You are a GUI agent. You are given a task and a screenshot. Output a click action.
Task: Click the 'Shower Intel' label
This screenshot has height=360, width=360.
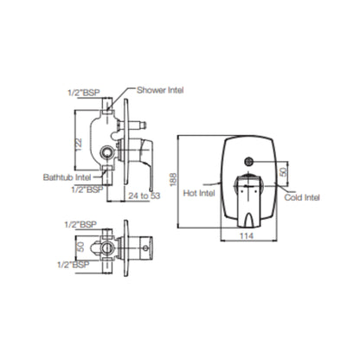click(160, 90)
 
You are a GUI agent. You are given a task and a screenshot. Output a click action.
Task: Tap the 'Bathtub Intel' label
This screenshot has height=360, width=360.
click(67, 177)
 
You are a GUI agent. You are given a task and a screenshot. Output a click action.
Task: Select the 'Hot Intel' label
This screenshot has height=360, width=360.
click(199, 193)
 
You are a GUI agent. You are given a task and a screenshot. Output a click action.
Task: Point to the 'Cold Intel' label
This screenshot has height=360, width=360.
click(302, 197)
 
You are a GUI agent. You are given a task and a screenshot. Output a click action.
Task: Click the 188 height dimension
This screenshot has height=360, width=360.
click(173, 180)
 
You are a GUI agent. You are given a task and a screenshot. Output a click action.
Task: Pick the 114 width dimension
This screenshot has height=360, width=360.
click(247, 235)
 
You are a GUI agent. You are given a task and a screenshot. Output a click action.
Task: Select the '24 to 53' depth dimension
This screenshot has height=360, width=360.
click(144, 196)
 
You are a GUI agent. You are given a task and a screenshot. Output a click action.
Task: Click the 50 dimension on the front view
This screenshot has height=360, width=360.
click(284, 172)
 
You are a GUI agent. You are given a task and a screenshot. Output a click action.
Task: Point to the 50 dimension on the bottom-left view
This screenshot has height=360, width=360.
click(81, 247)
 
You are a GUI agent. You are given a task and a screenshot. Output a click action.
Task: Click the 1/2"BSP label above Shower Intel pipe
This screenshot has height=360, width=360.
click(84, 93)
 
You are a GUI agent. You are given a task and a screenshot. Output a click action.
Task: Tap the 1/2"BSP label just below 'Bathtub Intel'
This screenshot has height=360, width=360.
click(87, 190)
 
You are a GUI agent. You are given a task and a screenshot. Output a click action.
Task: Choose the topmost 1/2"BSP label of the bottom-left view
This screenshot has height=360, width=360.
click(80, 224)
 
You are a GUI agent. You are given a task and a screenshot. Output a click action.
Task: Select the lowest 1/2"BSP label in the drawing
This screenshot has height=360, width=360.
click(74, 265)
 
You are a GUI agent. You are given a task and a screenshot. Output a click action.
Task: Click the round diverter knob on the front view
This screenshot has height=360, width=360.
click(248, 162)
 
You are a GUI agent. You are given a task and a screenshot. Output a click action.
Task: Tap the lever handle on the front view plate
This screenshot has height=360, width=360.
click(248, 201)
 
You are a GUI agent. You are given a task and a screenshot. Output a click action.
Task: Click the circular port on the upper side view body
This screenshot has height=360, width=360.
click(106, 151)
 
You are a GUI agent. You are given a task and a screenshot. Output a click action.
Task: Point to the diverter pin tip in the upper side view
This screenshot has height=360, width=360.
click(144, 125)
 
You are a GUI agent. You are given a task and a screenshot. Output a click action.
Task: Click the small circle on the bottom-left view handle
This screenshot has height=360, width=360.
click(145, 247)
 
